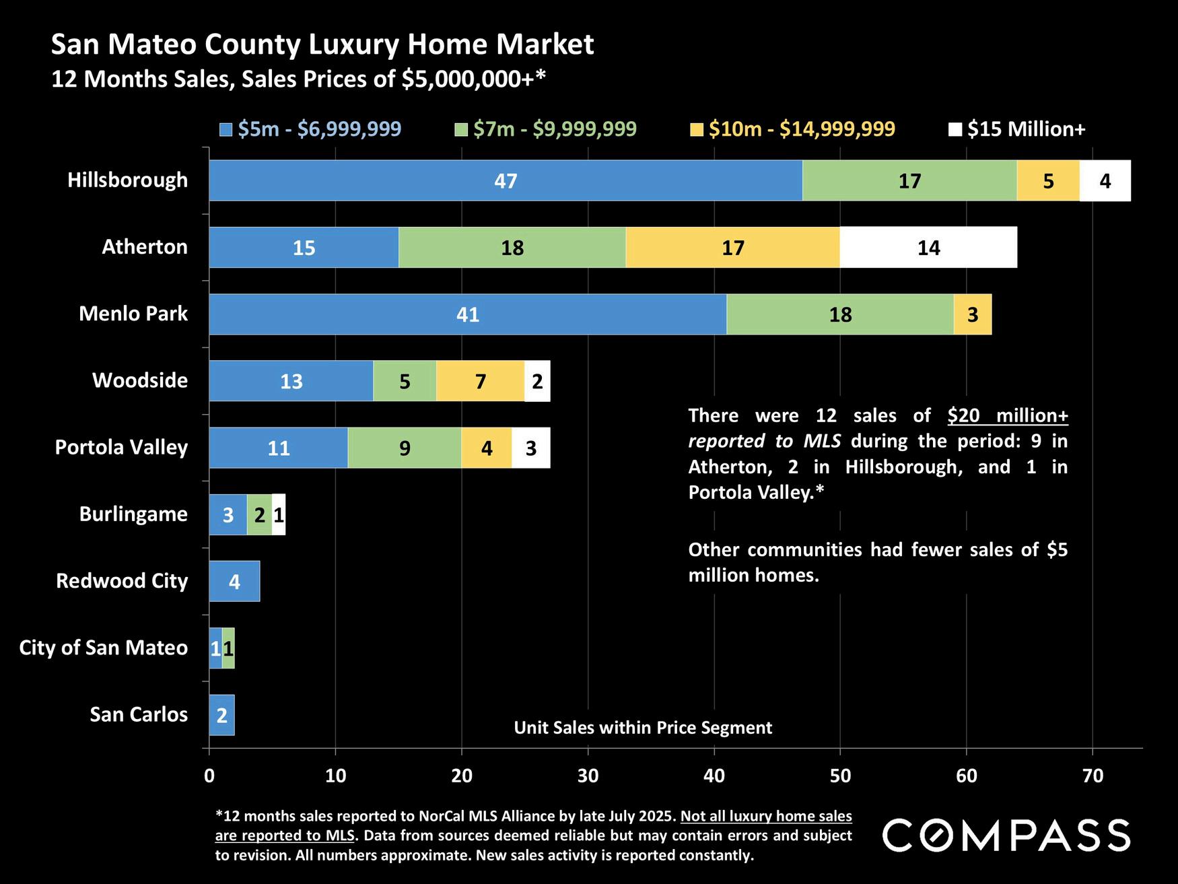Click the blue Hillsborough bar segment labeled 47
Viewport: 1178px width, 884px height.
(x=506, y=180)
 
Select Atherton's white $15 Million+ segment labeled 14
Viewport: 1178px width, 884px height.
(x=928, y=248)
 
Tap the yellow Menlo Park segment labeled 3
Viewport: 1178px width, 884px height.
(x=973, y=314)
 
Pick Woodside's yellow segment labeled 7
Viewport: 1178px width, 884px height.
(x=480, y=381)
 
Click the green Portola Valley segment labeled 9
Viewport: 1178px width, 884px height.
(x=405, y=448)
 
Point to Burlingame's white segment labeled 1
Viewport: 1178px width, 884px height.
(x=279, y=515)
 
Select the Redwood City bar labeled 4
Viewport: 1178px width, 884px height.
(x=234, y=581)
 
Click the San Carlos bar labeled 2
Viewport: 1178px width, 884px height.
(x=221, y=715)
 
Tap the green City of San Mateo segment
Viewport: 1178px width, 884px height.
(x=229, y=648)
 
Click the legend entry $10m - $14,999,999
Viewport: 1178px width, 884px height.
(x=801, y=129)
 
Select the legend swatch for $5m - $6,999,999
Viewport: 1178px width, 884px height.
(x=226, y=129)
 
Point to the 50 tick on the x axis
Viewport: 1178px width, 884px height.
(x=840, y=776)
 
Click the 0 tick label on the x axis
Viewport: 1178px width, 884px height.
(x=209, y=776)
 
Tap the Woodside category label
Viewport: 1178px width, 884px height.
(x=140, y=380)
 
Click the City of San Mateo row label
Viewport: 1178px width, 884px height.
(x=104, y=648)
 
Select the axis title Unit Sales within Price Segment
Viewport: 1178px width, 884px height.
(x=643, y=728)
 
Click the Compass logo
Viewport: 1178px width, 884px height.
(x=1006, y=836)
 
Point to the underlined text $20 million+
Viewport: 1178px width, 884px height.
(x=1008, y=415)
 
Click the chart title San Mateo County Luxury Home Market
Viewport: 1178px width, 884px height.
(x=322, y=44)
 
